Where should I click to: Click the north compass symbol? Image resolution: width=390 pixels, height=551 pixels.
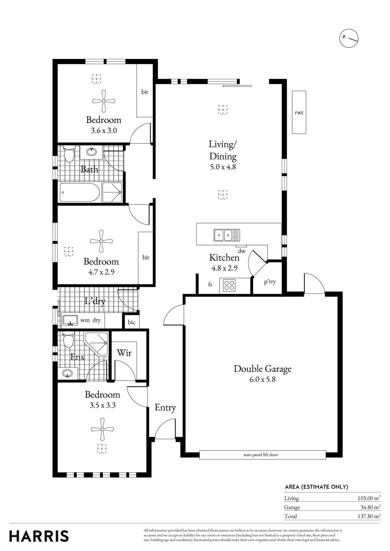[x=349, y=38]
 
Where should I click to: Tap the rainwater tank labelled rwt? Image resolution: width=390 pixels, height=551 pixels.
[x=299, y=112]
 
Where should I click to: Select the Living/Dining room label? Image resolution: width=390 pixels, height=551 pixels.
[x=223, y=150]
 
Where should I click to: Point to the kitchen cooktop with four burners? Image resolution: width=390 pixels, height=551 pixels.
[x=229, y=285]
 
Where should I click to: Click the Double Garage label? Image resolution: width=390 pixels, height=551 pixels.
[x=262, y=369]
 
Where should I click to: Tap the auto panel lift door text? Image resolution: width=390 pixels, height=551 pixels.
[x=261, y=455]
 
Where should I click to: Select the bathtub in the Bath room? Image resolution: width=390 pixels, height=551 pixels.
[x=80, y=192]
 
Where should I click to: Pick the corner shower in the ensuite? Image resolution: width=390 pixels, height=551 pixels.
[x=96, y=344]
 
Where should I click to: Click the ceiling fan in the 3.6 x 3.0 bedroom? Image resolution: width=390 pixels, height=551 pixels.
[x=104, y=101]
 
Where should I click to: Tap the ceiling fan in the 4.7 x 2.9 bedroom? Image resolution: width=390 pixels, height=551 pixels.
[x=101, y=241]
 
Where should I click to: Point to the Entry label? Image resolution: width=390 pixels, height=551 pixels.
[x=165, y=407]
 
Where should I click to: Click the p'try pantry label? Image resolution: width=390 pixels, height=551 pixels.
[x=270, y=282]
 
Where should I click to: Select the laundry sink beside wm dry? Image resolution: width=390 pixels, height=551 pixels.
[x=70, y=320]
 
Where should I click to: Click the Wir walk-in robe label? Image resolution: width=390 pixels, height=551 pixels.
[x=124, y=353]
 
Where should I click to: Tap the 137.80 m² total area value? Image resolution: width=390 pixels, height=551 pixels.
[x=369, y=516]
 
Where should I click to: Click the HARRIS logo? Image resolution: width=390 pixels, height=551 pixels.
[x=39, y=536]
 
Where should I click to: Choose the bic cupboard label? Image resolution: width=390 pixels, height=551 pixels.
[x=131, y=322]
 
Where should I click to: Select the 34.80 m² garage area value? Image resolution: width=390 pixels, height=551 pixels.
[x=370, y=507]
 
